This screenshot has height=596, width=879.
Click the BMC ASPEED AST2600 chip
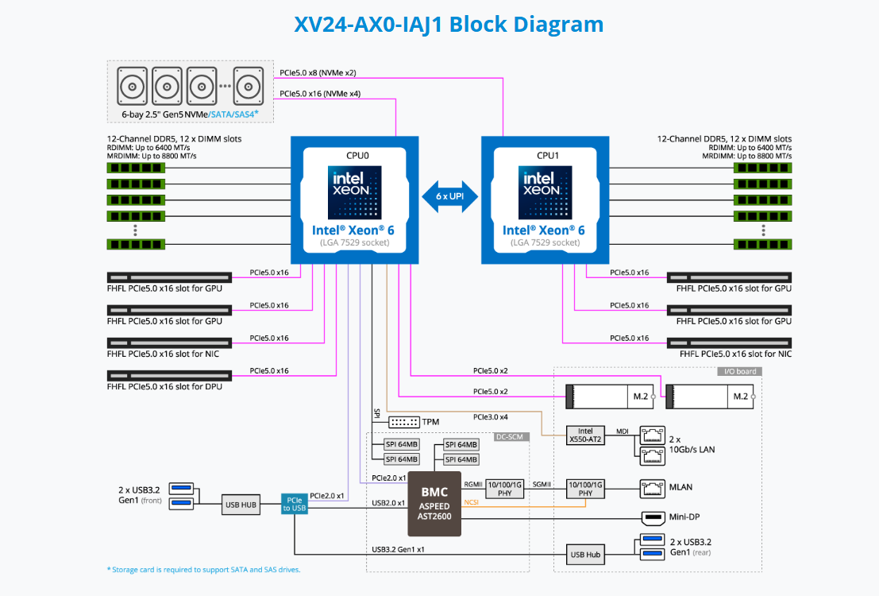pos(434,503)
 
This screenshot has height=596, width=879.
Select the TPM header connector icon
pos(404,421)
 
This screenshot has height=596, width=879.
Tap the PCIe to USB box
pos(293,503)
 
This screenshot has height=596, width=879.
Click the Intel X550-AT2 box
pos(585,435)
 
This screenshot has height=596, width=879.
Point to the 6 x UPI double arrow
pos(450,195)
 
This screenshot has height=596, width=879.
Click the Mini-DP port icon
pos(653,517)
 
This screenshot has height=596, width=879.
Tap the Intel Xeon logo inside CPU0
pos(354,192)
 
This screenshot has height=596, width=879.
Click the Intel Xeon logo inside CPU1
pos(545,192)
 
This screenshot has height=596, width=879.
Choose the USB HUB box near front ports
pos(240,503)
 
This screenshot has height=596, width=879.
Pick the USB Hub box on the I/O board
pos(585,554)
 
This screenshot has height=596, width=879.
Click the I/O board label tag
pos(739,371)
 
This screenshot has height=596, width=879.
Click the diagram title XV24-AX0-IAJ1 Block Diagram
pos(449,24)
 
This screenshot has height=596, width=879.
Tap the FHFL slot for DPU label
pos(164,386)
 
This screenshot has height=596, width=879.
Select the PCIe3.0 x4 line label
pos(490,417)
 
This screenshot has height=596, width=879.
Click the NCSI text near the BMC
pos(471,501)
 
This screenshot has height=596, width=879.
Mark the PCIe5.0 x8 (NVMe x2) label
pos(318,72)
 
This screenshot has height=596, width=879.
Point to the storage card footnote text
pos(204,569)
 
